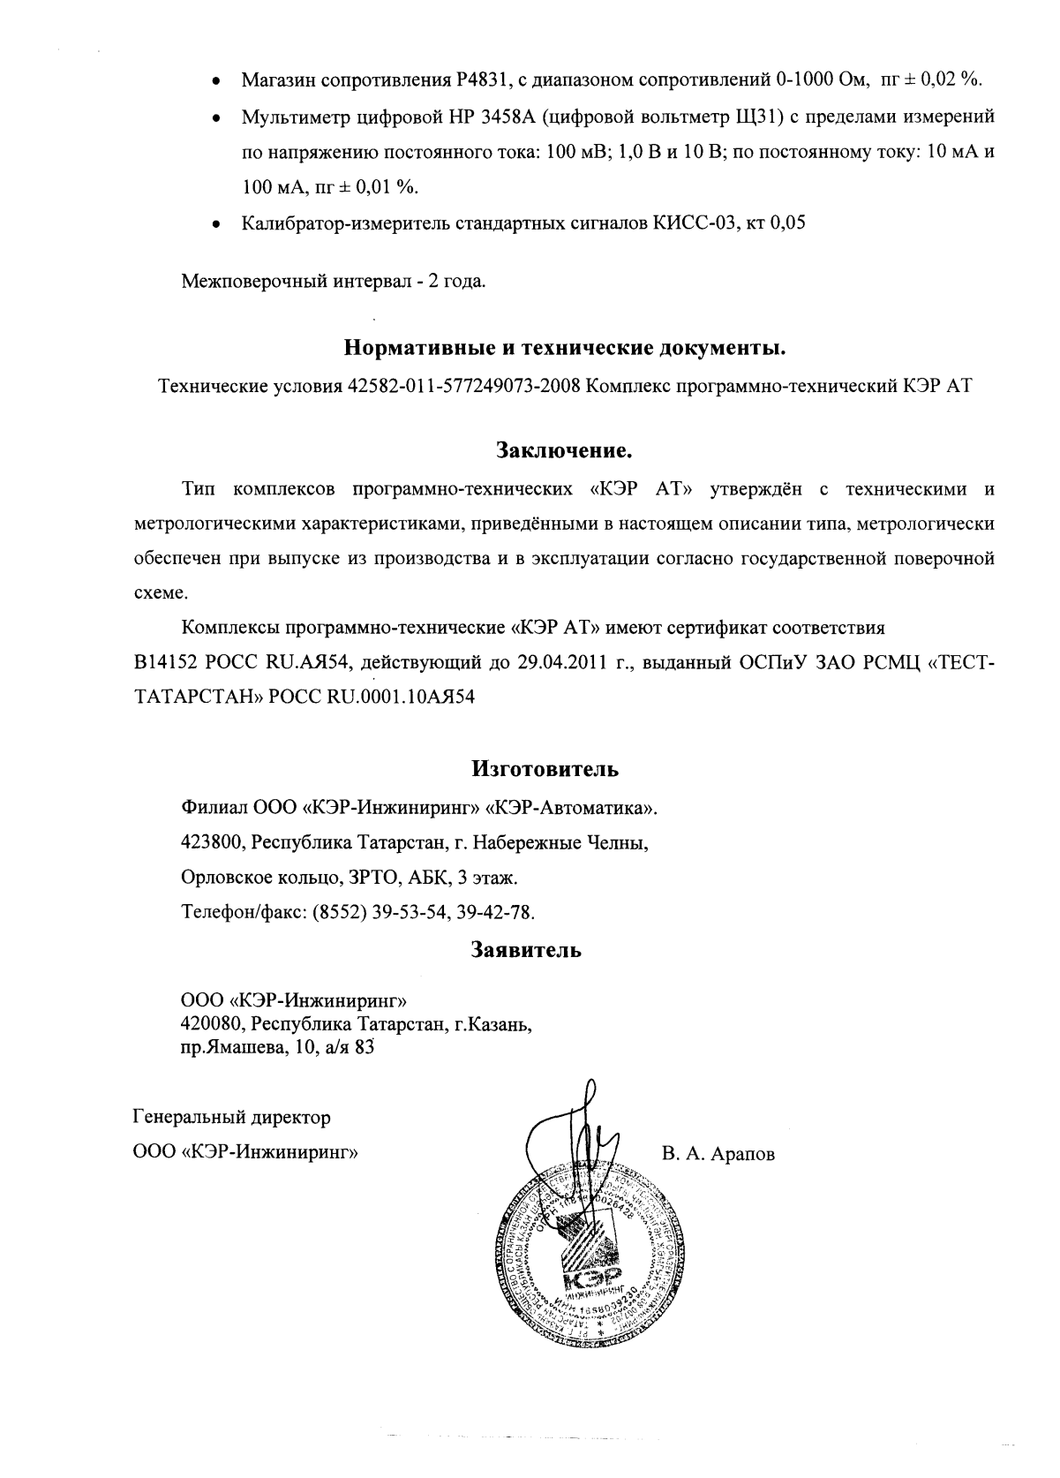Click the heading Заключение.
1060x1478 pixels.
pos(565,451)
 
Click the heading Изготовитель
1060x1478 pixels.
pos(545,769)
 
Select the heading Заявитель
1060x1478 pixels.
pos(526,951)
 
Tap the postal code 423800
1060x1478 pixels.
pos(212,842)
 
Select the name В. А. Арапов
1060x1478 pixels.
pos(718,1154)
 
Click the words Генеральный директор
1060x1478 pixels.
pos(231,1118)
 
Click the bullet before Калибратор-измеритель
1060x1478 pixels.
pos(215,224)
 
